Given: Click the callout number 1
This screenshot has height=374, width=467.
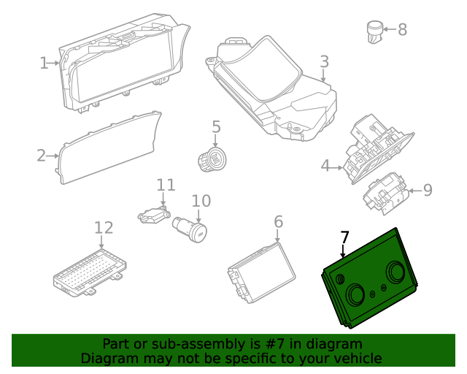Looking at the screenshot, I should point(44,63).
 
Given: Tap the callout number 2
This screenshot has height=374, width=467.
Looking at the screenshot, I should point(42,155).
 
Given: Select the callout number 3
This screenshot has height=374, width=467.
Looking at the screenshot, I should point(324,62).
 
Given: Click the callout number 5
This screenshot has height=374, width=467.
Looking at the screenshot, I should point(216,127).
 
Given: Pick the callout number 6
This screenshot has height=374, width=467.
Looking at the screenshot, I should point(278,221).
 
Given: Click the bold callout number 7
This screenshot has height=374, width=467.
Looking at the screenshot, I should point(344,237).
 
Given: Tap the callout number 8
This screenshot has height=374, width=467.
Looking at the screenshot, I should point(402,30).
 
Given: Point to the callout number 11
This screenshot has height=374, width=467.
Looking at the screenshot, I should point(166,184).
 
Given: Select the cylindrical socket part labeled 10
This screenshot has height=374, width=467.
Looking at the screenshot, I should point(190,229).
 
